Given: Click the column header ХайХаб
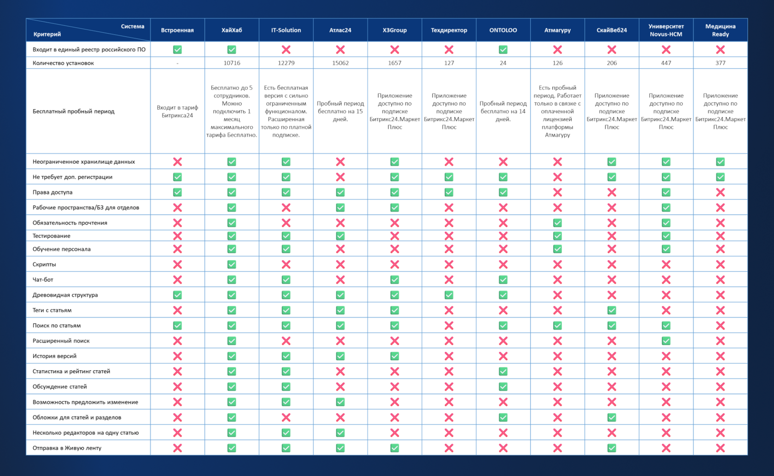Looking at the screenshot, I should click(x=231, y=30).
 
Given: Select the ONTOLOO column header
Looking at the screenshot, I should click(x=503, y=30).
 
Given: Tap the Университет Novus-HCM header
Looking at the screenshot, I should click(x=666, y=30).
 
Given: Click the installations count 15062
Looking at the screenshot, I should click(x=340, y=63).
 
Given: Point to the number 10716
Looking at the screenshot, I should click(x=232, y=63).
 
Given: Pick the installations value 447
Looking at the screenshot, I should click(x=666, y=63).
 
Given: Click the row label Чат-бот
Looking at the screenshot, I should click(x=43, y=280).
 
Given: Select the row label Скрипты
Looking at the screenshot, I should click(x=44, y=264).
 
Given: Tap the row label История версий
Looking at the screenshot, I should click(x=54, y=356).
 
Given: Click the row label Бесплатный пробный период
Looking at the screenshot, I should click(x=73, y=111).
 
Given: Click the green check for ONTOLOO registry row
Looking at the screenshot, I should click(x=503, y=49).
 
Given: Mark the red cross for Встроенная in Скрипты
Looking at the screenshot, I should click(x=177, y=264).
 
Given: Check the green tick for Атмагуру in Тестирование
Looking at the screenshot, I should click(x=557, y=236).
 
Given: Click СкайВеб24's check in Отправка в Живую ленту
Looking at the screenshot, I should click(x=612, y=448).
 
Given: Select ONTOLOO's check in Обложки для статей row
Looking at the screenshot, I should click(x=503, y=417).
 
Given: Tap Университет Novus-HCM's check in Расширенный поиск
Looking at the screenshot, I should click(x=666, y=341).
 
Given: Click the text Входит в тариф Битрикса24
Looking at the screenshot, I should click(x=177, y=111).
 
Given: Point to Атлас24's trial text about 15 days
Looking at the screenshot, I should click(x=340, y=111).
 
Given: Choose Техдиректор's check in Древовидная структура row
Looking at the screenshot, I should click(x=449, y=295).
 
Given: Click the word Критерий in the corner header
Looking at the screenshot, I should click(x=47, y=34).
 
